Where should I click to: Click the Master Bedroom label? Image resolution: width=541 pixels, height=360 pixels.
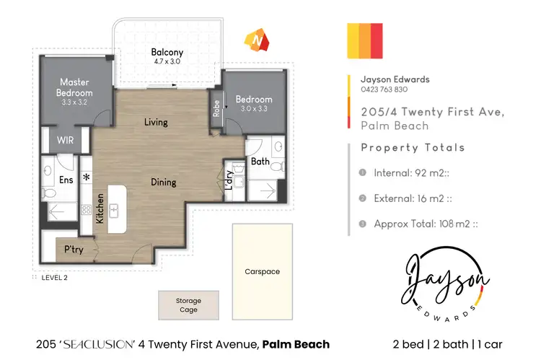(x=74, y=87)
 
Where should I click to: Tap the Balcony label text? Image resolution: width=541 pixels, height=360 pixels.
(x=167, y=52)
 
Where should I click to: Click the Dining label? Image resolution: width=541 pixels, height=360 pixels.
(x=163, y=182)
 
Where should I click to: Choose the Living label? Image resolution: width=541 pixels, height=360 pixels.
(x=156, y=122)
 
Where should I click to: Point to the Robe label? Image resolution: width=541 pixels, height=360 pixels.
(x=216, y=107)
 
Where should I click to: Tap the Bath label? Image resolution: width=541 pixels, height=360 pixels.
(x=260, y=162)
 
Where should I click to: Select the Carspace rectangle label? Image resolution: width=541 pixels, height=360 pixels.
(x=262, y=272)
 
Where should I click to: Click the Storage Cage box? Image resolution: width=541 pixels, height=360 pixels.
(x=188, y=305)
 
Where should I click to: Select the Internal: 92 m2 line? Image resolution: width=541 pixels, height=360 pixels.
(x=416, y=173)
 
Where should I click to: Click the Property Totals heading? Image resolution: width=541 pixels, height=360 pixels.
(x=413, y=148)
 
